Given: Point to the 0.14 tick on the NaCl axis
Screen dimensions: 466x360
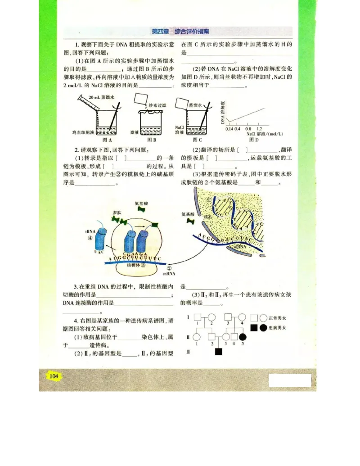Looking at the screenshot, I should tap(229, 129).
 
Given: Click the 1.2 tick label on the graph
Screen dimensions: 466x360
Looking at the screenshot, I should tap(259, 129).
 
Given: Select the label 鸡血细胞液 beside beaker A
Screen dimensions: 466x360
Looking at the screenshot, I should tap(83, 133).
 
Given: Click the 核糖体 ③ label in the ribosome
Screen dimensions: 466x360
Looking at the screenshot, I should tap(137, 266).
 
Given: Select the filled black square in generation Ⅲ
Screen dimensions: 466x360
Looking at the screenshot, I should tap(219, 352).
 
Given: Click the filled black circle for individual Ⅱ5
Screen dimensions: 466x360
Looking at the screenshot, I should tap(243, 337).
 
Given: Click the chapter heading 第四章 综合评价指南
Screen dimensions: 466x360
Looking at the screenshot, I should tap(180, 32).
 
